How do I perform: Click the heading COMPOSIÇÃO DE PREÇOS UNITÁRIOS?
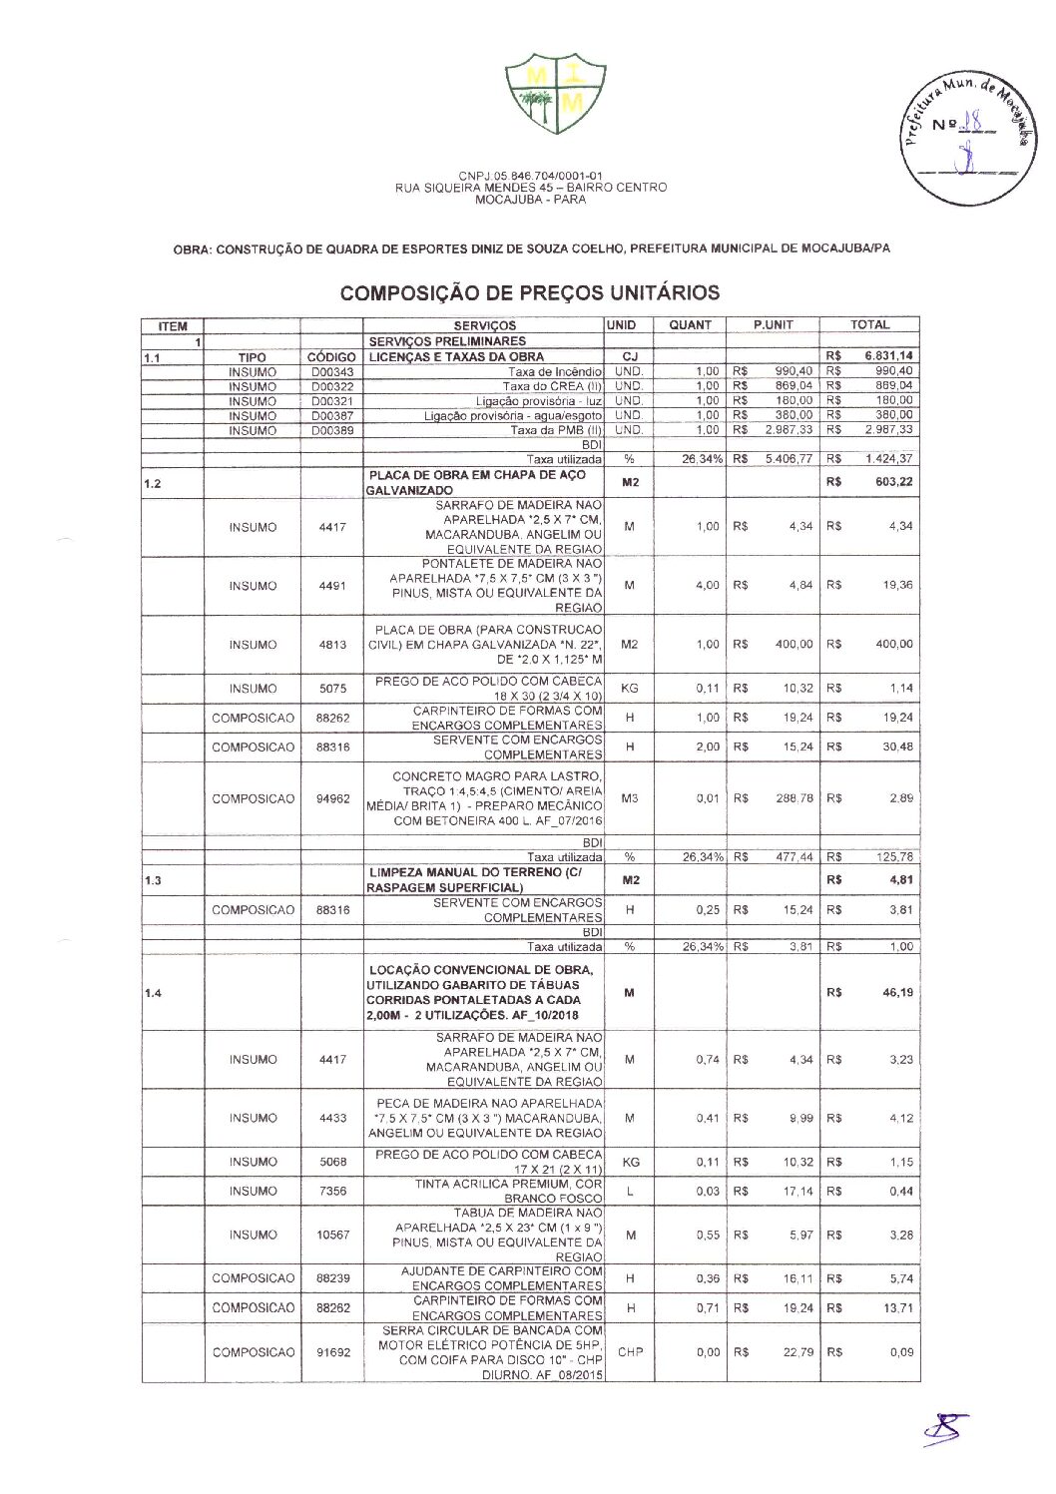click(529, 293)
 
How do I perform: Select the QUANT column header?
click(690, 325)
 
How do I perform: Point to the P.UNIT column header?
click(773, 325)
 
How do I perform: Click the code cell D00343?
click(331, 372)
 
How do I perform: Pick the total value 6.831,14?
click(888, 356)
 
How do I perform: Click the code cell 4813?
click(332, 645)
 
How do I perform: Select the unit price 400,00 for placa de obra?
click(793, 645)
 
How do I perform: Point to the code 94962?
click(332, 799)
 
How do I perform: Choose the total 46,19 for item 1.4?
click(897, 993)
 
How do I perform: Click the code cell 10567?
click(332, 1236)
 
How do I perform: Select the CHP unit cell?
click(630, 1352)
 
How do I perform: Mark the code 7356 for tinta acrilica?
click(332, 1192)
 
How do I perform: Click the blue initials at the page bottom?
click(944, 1429)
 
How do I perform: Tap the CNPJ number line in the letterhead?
click(530, 177)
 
